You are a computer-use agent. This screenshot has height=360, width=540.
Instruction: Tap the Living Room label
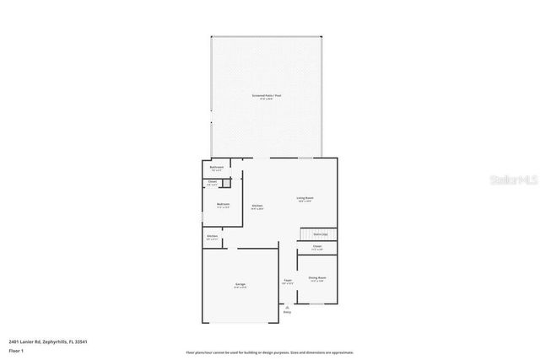tap(305, 199)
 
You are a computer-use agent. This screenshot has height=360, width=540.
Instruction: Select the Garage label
tap(240, 286)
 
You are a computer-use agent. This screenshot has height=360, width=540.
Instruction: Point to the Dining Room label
tap(317, 278)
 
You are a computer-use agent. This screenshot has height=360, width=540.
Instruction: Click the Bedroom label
tap(223, 205)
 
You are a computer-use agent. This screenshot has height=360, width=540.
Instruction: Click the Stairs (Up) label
tap(320, 234)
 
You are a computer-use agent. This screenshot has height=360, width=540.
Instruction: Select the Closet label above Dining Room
tap(317, 248)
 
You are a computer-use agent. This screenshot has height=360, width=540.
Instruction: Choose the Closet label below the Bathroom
tap(213, 183)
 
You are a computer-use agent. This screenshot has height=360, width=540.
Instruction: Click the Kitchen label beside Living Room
tap(257, 207)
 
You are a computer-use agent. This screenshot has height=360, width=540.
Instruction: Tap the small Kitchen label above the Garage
tap(212, 237)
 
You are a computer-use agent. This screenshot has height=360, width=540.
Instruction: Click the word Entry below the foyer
tap(287, 312)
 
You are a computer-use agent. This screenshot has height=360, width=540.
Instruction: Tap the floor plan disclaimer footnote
tap(269, 352)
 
